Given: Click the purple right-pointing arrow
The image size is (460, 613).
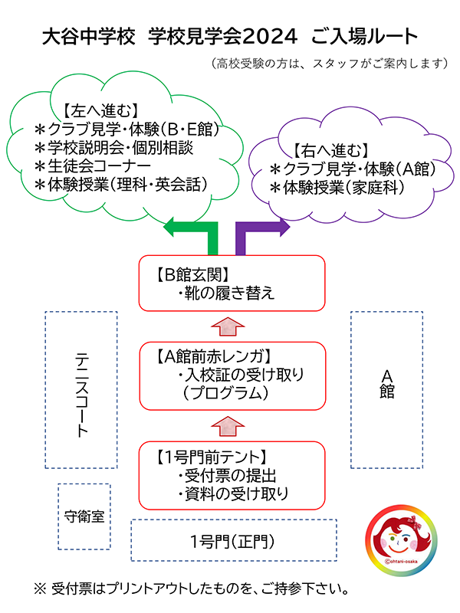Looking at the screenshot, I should [x=264, y=227].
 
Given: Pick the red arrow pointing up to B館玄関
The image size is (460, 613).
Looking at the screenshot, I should [x=230, y=325].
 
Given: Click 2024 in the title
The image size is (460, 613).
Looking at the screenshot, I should [x=271, y=36].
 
